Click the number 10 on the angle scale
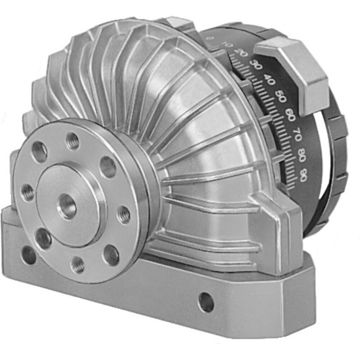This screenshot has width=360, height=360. point(228,47)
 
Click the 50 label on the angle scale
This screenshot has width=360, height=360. point(279,96)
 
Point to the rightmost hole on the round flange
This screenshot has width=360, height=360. point(123,214)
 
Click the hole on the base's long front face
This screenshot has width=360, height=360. point(206,302)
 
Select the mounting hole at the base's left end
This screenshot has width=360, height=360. point(29,255)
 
